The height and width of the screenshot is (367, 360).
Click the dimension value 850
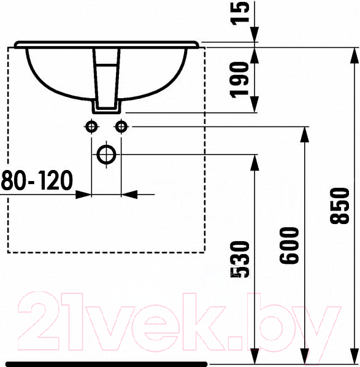tap(339, 206)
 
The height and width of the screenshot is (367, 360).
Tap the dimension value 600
tap(289, 245)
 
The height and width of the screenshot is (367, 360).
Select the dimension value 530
tap(240, 260)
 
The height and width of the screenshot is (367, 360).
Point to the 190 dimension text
tap(239, 80)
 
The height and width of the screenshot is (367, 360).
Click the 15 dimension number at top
tap(239, 14)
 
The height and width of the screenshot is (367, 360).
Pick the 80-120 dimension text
tap(37, 180)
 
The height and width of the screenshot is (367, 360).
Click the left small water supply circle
tap(91, 127)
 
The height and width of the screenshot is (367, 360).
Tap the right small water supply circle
tap(121, 127)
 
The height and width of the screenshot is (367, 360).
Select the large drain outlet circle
tap(107, 155)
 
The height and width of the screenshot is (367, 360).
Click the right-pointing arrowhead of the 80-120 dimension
tap(83, 195)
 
